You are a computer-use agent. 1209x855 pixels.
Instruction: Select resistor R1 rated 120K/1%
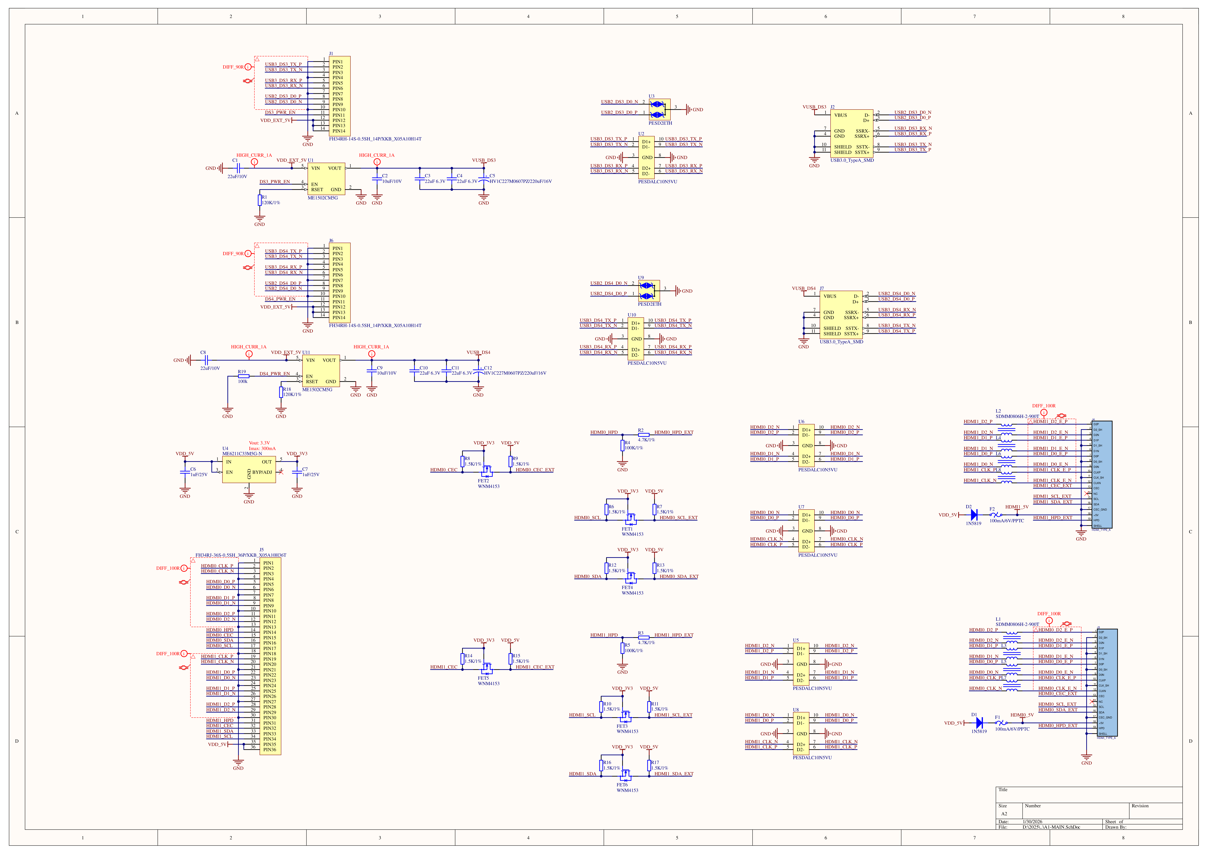[x=260, y=200]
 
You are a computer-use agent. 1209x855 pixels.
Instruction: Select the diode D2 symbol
[x=974, y=515]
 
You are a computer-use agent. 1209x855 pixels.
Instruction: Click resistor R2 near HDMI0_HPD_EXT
[x=644, y=435]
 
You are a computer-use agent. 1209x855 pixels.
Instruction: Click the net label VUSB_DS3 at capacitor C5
[x=483, y=160]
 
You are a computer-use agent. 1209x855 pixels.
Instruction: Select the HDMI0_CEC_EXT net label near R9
[x=534, y=470]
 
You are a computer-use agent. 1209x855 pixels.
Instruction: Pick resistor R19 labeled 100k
[x=243, y=376]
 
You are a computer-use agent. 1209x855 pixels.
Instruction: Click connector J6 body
[x=340, y=283]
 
